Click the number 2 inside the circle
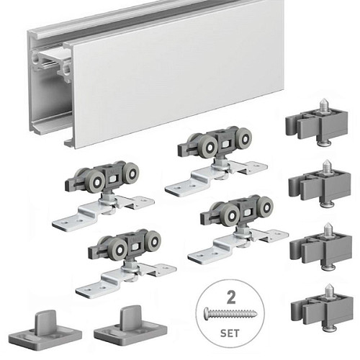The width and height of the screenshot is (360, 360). (231, 297)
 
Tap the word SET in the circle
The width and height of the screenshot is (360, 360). (230, 333)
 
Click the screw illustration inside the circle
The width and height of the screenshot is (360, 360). (230, 313)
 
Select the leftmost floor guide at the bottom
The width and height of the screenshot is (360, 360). (45, 323)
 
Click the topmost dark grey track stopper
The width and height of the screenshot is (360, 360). (316, 125)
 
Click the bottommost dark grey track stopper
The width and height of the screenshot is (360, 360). (322, 310)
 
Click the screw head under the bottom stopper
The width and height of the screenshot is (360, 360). (328, 328)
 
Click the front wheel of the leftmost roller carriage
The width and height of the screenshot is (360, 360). (95, 182)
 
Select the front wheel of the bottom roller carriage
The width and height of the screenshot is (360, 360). (117, 250)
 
